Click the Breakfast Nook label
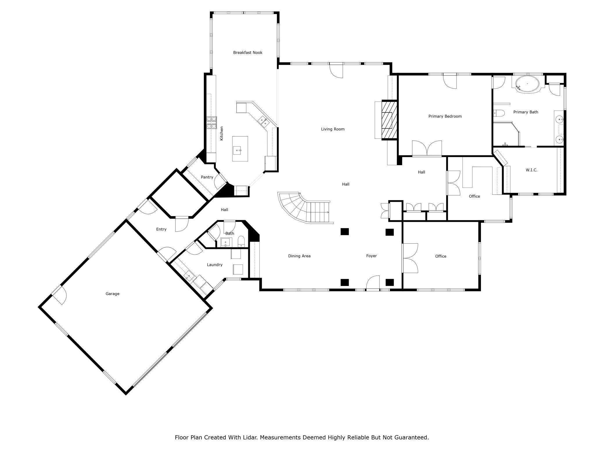[248, 53]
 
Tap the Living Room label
[333, 129]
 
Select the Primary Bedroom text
[445, 116]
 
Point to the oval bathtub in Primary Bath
[527, 84]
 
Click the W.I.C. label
[531, 170]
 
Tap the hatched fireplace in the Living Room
[389, 120]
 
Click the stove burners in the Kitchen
[212, 123]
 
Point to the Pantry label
[207, 177]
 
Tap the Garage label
[112, 294]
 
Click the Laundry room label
[215, 265]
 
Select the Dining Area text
[299, 256]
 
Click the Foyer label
[371, 256]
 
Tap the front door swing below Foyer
[373, 282]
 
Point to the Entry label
[161, 229]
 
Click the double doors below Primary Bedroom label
[427, 148]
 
